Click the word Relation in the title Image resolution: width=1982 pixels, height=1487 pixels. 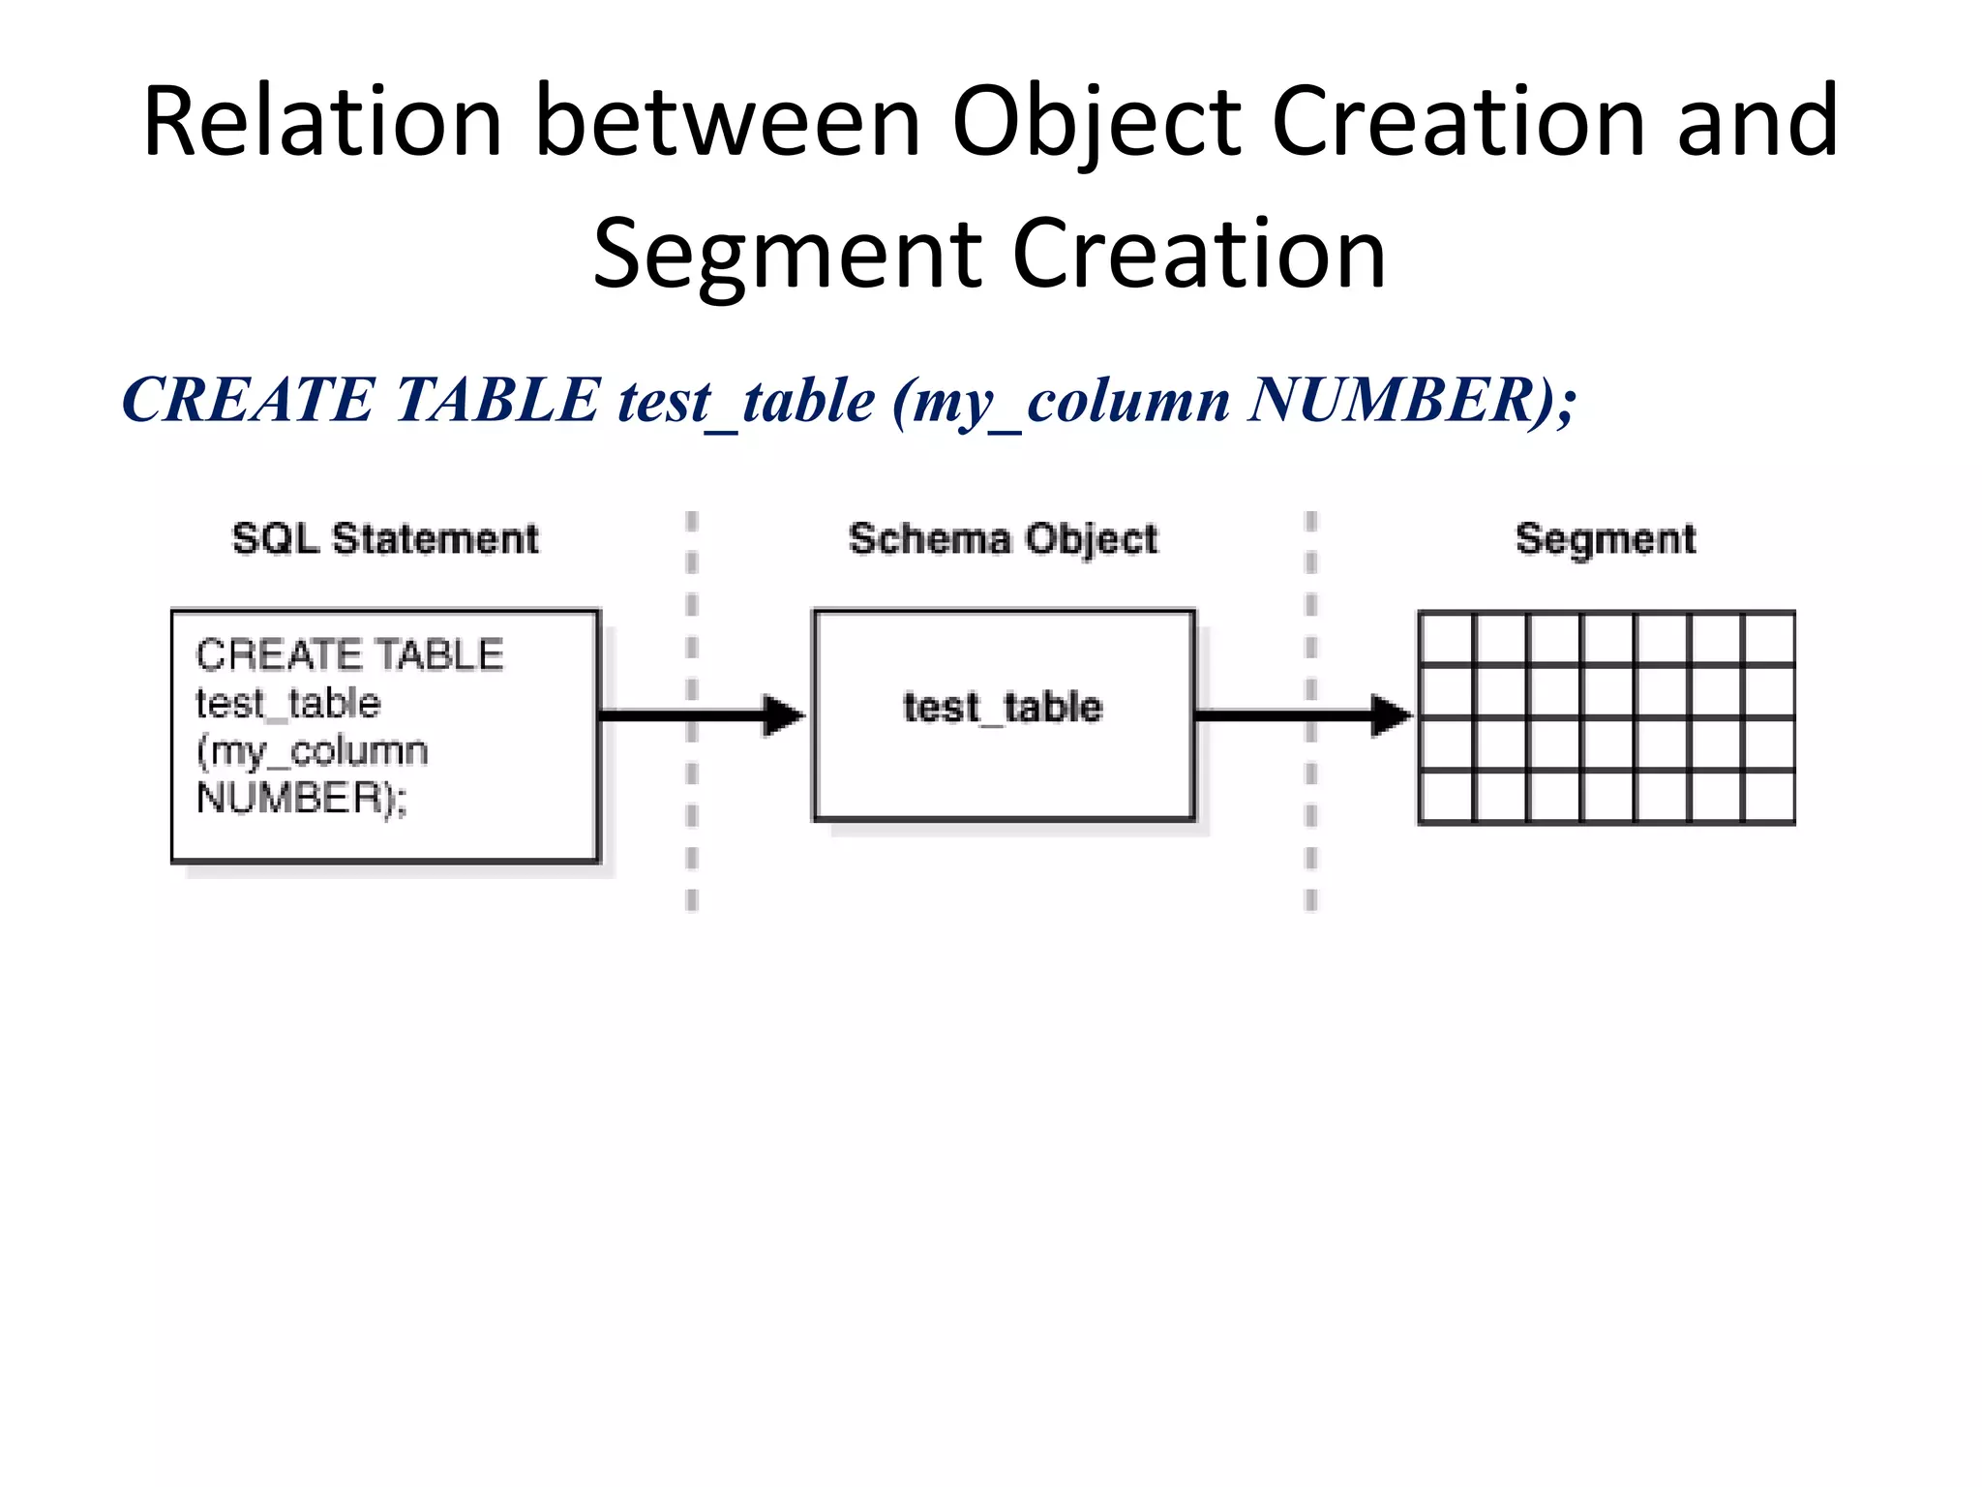[x=322, y=122]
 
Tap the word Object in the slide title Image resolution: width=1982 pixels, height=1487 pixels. [x=1096, y=122]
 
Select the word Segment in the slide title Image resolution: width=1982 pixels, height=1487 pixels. [x=786, y=255]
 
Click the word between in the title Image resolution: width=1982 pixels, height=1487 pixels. [x=727, y=122]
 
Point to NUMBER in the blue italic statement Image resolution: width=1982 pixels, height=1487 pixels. [x=1392, y=400]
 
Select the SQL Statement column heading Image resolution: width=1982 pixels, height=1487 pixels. [x=384, y=538]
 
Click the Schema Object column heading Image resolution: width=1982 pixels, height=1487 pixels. [x=1003, y=539]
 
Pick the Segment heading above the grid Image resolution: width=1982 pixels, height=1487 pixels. [x=1606, y=539]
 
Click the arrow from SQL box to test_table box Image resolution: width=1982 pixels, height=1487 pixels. [x=697, y=715]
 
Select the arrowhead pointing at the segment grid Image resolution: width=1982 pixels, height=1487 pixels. [x=1392, y=715]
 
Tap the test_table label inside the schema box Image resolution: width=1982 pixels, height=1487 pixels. [x=1003, y=708]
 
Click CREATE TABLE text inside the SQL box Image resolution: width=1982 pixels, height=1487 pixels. [x=349, y=655]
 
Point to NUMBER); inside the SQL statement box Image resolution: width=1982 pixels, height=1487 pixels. [x=301, y=799]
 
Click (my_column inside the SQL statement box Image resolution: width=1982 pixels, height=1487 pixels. [x=312, y=751]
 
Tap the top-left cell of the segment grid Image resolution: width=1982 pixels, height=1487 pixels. [x=1446, y=638]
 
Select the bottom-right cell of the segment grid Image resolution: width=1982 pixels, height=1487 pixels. [x=1769, y=797]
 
